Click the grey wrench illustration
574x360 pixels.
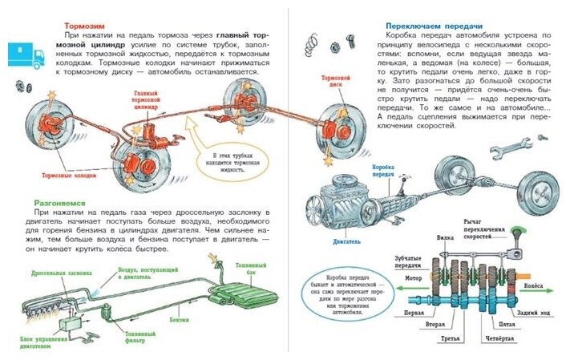(511, 147)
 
